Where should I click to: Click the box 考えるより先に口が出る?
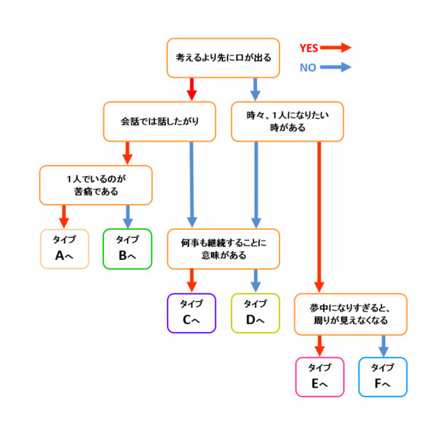223,58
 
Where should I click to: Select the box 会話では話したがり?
160,121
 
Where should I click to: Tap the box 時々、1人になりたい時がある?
287,121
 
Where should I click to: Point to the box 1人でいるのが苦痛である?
96,185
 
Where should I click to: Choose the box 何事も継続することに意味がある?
223,249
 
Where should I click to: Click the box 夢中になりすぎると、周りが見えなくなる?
350,314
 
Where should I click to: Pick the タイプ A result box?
64,249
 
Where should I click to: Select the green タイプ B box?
127,249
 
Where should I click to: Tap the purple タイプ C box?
191,313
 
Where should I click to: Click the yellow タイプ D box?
255,313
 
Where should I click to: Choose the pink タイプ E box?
319,377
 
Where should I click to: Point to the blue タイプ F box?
383,377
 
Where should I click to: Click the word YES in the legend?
309,48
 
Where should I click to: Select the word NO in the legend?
308,68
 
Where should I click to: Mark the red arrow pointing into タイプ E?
319,346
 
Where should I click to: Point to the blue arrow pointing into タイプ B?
128,217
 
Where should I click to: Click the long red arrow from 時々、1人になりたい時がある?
319,216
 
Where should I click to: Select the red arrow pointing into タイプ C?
191,280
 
